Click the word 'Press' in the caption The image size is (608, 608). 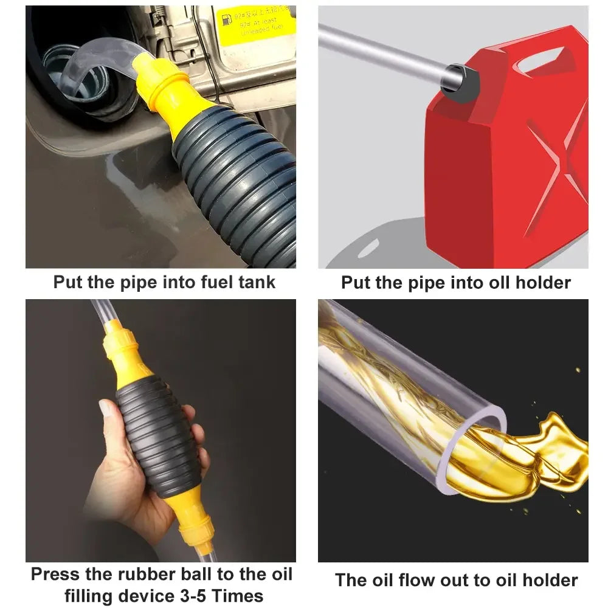[x=55, y=575]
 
